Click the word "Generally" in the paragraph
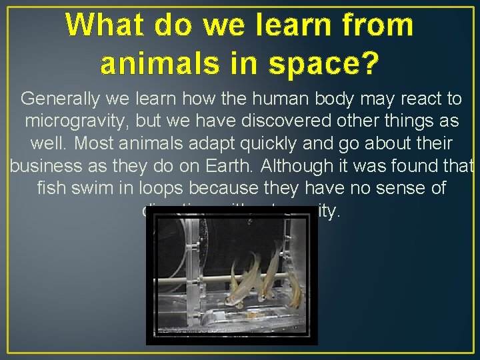[57, 99]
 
